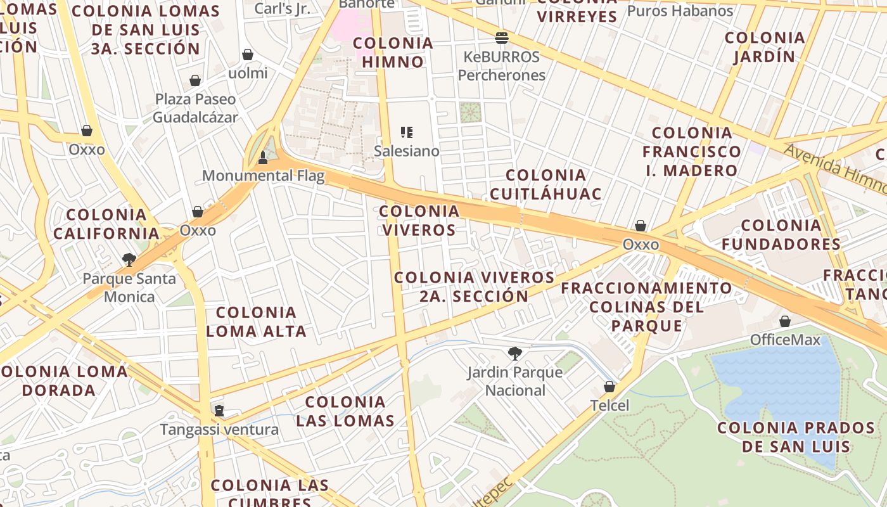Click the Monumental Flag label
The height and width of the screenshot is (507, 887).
[x=263, y=176]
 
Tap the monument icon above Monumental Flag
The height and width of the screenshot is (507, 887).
[x=263, y=157]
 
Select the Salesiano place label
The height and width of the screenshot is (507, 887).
[x=406, y=151]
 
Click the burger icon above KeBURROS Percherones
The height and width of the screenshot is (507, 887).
[x=502, y=37]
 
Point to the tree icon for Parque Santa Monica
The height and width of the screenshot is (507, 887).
[x=129, y=259]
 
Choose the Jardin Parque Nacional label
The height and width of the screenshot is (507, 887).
[x=514, y=381]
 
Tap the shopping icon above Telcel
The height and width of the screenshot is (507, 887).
[x=609, y=386]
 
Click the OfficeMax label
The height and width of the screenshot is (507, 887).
[x=785, y=340]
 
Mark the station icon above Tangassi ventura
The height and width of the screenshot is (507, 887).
[x=219, y=411]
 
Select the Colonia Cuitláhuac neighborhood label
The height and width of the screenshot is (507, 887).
[x=546, y=184]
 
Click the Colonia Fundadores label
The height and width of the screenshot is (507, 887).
[x=781, y=234]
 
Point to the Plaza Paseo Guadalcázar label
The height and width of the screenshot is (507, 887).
[x=195, y=108]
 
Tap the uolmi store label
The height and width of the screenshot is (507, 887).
[x=248, y=73]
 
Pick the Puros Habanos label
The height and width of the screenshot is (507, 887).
[x=680, y=11]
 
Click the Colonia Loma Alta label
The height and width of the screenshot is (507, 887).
[x=256, y=321]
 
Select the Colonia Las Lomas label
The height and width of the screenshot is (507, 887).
[x=345, y=411]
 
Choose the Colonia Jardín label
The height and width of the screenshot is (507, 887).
[x=765, y=47]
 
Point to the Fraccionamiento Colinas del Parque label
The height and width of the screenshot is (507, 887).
[x=646, y=307]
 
